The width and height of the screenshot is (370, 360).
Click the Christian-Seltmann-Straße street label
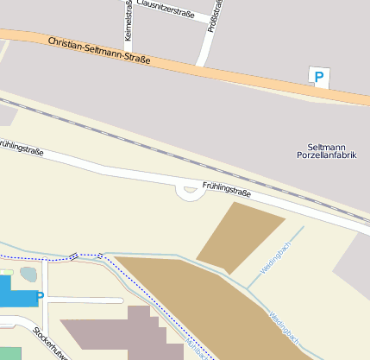(99, 52)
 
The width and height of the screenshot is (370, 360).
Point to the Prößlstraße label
(215, 16)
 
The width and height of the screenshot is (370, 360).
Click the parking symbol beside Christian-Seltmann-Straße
(319, 78)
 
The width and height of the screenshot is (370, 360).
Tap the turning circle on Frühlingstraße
(189, 192)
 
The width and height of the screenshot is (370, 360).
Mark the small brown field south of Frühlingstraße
(240, 234)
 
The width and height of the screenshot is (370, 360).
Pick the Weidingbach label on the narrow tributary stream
(276, 255)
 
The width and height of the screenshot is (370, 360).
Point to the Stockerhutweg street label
(50, 344)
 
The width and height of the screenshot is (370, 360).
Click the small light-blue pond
(28, 275)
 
